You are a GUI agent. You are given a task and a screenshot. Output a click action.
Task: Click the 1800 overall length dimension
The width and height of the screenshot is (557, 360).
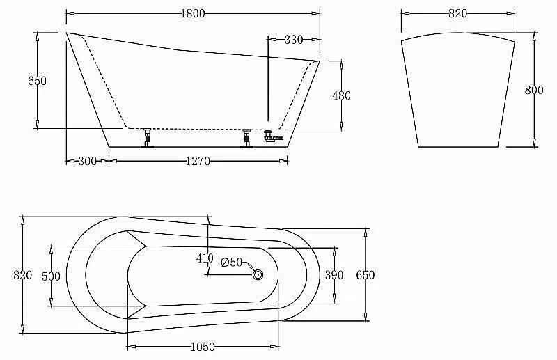pyautogui.click(x=193, y=13)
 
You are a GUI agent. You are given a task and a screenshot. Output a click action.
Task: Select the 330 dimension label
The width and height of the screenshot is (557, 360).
pyautogui.click(x=293, y=40)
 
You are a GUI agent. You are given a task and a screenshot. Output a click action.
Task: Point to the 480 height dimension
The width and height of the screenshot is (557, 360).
pyautogui.click(x=341, y=95)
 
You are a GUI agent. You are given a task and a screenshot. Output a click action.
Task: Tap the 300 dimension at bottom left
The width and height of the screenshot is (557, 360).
pyautogui.click(x=88, y=162)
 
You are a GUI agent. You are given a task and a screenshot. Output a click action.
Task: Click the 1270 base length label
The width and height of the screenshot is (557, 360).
pyautogui.click(x=198, y=162)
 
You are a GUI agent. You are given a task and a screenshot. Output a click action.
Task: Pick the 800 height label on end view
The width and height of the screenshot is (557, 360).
pyautogui.click(x=534, y=90)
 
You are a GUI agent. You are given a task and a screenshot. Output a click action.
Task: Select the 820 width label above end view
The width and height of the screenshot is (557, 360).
pyautogui.click(x=457, y=13)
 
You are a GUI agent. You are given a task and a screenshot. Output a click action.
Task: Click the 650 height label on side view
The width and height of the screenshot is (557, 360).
pyautogui.click(x=37, y=81)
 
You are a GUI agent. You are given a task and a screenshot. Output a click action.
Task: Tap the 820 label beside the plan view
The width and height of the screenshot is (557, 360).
pyautogui.click(x=22, y=275)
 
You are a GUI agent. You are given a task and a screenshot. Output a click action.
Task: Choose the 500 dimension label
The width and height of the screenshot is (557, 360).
pyautogui.click(x=51, y=276)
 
